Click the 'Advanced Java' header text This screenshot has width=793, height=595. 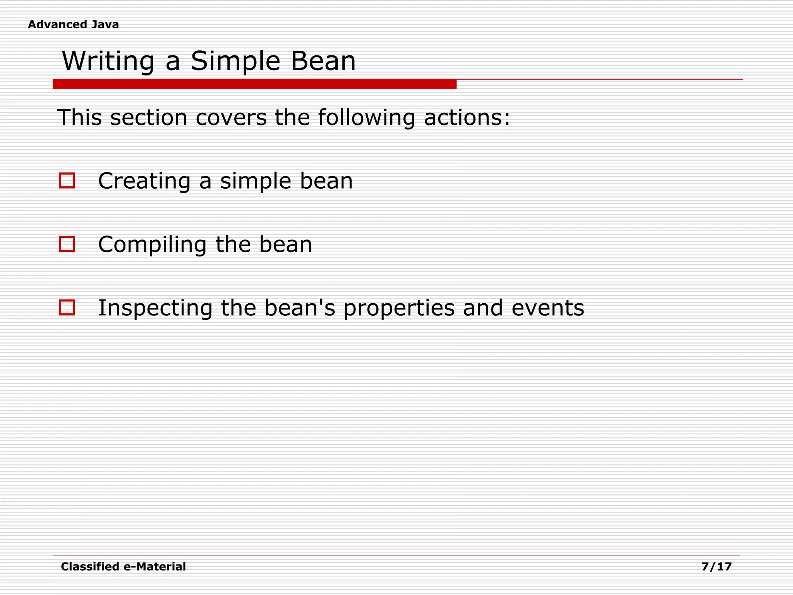coord(73,24)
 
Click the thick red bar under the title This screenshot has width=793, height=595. coord(254,84)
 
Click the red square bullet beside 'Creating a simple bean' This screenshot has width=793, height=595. coord(67,181)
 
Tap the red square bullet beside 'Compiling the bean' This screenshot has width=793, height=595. coord(67,244)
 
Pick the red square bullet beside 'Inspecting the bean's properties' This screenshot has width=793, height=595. coord(67,308)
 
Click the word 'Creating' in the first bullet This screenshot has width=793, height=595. coord(144,181)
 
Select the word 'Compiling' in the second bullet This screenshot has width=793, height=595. coord(153,245)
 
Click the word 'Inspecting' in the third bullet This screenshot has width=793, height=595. coord(155,308)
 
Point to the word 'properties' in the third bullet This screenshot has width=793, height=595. coord(399,308)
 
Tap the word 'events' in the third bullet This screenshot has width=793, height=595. coord(548,308)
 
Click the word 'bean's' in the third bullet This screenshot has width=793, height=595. coord(300,308)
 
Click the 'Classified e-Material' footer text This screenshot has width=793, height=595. coord(123,567)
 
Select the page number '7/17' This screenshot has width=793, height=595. coord(716,567)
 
